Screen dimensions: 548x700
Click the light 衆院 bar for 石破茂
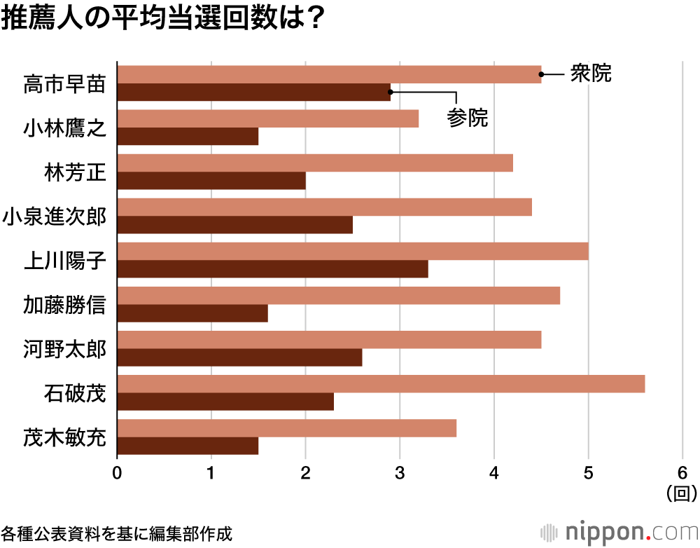[381, 384]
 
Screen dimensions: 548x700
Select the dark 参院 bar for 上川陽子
[272, 269]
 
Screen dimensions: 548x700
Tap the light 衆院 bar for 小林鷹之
[267, 118]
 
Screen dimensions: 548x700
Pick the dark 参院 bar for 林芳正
[211, 181]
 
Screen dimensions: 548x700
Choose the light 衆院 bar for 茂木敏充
[286, 428]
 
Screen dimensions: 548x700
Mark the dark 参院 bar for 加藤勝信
[192, 313]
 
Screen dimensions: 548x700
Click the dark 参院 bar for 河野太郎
[239, 357]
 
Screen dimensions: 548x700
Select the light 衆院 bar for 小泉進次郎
[324, 207]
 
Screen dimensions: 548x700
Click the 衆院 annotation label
[591, 74]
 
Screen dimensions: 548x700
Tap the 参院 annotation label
[467, 118]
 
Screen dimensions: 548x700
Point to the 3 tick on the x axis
[400, 472]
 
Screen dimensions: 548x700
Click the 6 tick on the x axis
[682, 472]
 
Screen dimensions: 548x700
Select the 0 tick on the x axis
[117, 472]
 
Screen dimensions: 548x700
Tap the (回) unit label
[681, 493]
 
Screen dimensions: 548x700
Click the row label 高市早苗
[64, 84]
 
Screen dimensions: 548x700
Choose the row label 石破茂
[75, 393]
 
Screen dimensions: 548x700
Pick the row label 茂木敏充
[64, 437]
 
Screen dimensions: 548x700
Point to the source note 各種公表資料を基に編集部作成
[116, 533]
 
